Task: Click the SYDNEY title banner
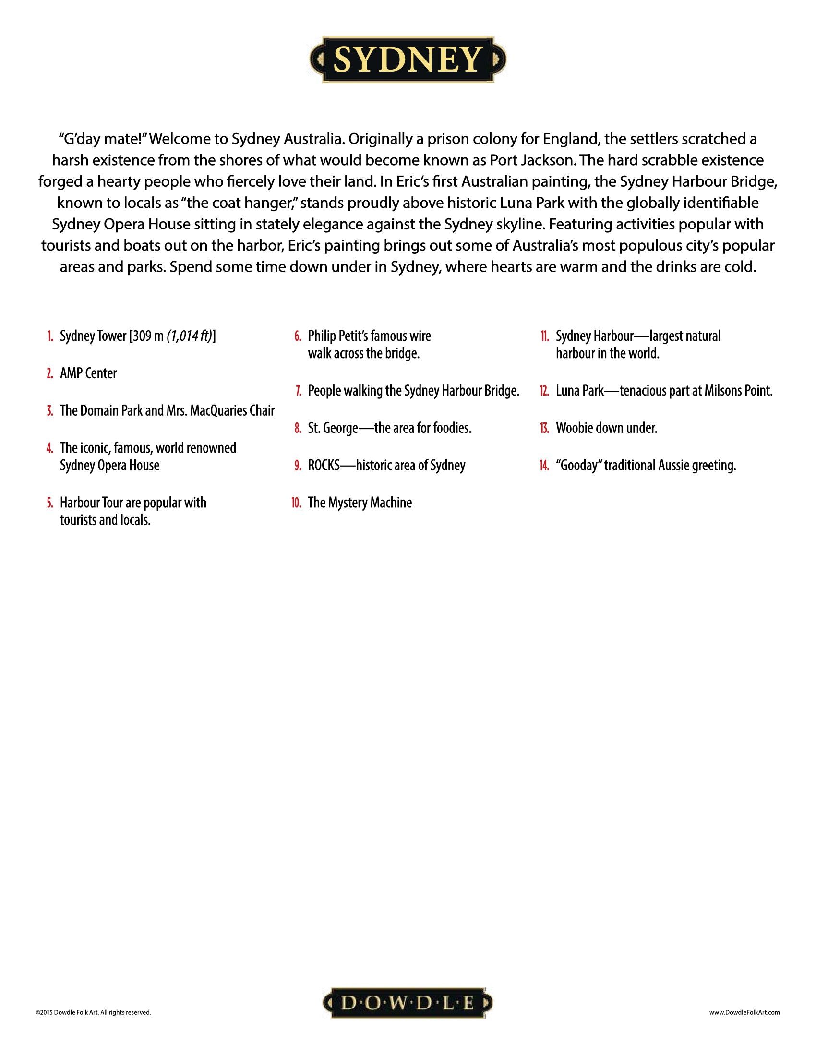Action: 408,60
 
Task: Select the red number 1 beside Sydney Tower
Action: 50,336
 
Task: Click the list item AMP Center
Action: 88,373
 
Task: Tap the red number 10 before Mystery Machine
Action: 296,503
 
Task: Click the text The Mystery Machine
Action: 360,503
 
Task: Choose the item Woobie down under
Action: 606,428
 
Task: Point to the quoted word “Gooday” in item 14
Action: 578,466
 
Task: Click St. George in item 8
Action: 333,428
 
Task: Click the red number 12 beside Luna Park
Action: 544,391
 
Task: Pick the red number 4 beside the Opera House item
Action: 50,448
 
